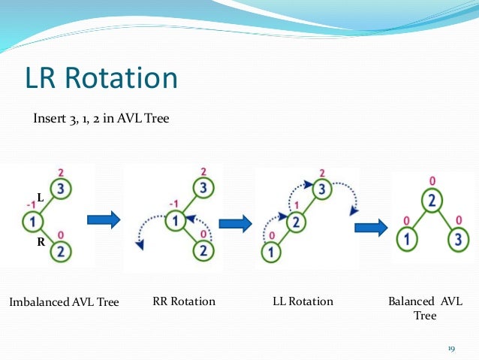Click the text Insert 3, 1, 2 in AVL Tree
pyautogui.click(x=101, y=119)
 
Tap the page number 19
pyautogui.click(x=451, y=348)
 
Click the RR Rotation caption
pyautogui.click(x=184, y=301)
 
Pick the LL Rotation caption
pyautogui.click(x=303, y=301)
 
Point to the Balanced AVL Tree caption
pyautogui.click(x=425, y=308)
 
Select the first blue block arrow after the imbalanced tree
pyautogui.click(x=104, y=220)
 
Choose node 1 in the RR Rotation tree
pyautogui.click(x=175, y=221)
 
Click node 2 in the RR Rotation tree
pyautogui.click(x=202, y=252)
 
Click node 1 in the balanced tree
pyautogui.click(x=404, y=241)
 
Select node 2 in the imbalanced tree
pyautogui.click(x=62, y=253)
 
